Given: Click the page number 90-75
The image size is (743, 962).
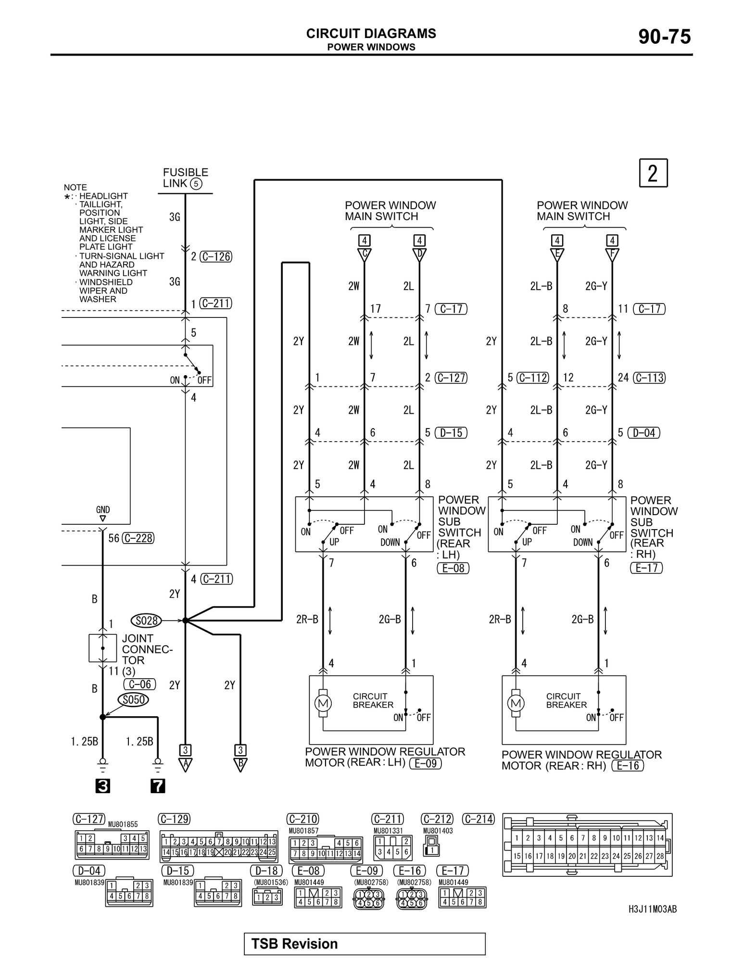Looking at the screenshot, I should click(664, 37).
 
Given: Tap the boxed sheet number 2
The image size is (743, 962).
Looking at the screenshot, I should click(653, 173).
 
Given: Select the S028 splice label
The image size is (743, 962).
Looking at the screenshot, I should click(147, 620).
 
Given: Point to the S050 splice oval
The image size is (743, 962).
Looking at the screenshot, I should click(133, 699).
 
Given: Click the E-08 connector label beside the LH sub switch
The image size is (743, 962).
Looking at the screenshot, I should click(453, 568).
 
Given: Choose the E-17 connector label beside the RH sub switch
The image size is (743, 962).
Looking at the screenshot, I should click(646, 568).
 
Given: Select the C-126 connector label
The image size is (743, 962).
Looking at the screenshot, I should click(216, 257).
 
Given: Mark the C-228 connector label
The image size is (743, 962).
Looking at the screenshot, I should click(138, 538).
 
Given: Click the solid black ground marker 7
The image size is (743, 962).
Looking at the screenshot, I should click(158, 786).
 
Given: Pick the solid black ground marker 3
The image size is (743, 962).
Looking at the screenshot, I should click(102, 786).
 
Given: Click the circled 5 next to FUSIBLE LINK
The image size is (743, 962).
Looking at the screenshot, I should click(196, 183).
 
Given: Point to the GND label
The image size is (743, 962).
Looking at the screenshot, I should click(103, 510).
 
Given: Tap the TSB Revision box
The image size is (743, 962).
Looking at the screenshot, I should click(365, 944).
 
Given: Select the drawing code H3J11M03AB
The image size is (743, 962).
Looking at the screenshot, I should click(653, 910).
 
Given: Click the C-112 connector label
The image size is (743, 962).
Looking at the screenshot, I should click(533, 378).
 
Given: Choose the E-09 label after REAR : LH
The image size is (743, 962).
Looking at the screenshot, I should click(425, 763).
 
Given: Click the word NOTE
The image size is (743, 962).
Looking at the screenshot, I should click(76, 187).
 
